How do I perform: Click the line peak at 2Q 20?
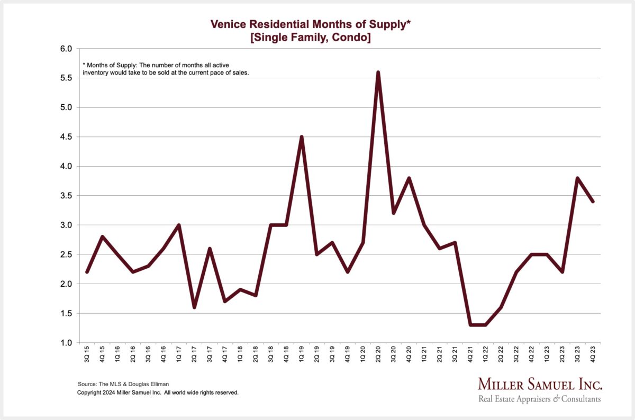click(x=378, y=72)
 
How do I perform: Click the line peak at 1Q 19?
click(x=301, y=137)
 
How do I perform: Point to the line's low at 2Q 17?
click(x=194, y=307)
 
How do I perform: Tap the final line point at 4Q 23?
click(x=593, y=202)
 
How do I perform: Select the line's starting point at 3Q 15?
click(x=87, y=272)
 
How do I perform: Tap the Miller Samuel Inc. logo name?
click(x=540, y=385)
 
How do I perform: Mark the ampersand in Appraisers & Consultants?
click(x=556, y=399)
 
